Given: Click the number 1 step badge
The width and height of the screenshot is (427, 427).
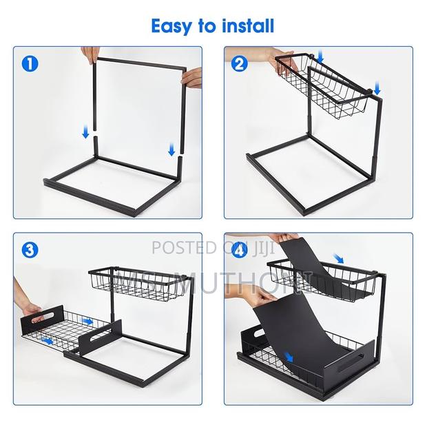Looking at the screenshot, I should pyautogui.click(x=28, y=65).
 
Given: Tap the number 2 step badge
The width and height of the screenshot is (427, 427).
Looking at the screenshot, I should pyautogui.click(x=240, y=65).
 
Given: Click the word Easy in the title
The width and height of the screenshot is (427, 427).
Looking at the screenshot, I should pyautogui.click(x=173, y=26).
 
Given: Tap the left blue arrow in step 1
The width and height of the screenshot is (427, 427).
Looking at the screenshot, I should pyautogui.click(x=85, y=131).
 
